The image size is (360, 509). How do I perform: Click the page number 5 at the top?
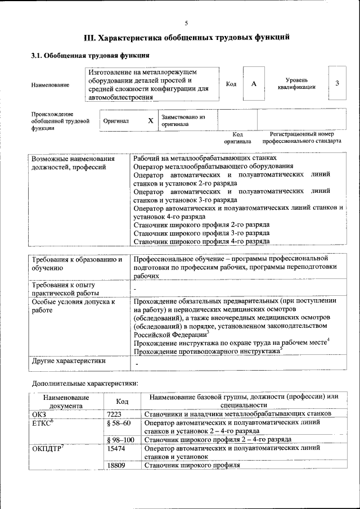[186, 23]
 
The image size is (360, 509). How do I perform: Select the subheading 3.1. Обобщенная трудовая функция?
[89, 56]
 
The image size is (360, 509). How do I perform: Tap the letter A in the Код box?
[254, 84]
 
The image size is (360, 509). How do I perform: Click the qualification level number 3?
[337, 83]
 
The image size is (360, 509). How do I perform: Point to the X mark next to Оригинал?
[150, 121]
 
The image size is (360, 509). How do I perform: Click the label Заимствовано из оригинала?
[183, 120]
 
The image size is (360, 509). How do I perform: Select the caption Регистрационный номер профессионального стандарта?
[301, 138]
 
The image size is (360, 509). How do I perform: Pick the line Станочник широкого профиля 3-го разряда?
[201, 233]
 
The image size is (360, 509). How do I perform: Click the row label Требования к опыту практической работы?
[66, 289]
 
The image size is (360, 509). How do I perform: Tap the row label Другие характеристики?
[69, 361]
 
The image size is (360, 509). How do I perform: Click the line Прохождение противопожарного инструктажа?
[207, 351]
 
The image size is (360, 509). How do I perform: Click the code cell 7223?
[114, 413]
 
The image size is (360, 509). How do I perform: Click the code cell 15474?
[116, 448]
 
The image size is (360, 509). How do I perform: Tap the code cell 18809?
[116, 465]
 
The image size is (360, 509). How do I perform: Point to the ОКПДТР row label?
[48, 448]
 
